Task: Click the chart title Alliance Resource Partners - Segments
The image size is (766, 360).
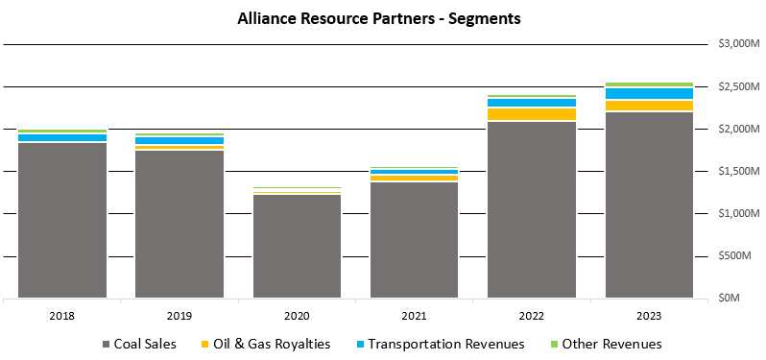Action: point(382,18)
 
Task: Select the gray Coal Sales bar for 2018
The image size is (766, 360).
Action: point(62,220)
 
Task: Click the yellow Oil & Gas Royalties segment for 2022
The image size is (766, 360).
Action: point(532,114)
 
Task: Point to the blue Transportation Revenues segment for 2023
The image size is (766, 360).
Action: point(649,93)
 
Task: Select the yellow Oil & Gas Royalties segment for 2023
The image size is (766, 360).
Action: point(649,106)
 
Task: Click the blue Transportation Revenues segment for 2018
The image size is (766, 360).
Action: point(62,137)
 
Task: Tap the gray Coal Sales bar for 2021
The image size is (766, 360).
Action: point(414,239)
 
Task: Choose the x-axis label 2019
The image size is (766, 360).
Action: point(180,314)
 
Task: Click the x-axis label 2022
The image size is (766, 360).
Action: point(532,314)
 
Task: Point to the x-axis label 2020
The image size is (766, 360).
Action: point(297,314)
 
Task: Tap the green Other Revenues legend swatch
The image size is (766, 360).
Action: point(552,344)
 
